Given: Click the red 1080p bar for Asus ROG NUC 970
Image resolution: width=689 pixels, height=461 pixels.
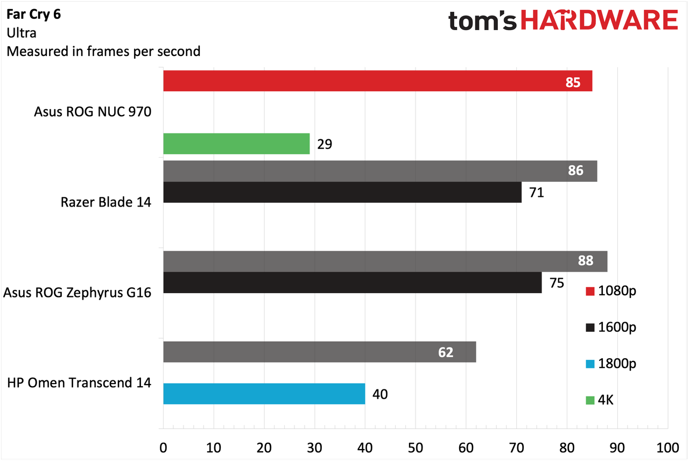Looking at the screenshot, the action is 378,81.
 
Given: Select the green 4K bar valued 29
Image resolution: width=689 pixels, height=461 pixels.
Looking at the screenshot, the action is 236,144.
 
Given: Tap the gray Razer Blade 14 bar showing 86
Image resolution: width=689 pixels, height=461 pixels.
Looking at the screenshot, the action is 380,171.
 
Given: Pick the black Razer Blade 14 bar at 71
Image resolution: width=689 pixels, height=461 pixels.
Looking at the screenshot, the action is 342,192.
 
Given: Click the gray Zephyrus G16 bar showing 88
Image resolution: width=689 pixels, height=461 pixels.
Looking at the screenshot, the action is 385,261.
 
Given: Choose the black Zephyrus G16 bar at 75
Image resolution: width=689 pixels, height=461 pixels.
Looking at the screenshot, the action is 353,282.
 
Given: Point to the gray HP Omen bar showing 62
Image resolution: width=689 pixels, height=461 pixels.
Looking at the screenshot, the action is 320,352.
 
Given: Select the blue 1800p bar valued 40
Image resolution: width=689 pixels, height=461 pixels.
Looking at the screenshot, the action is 264,394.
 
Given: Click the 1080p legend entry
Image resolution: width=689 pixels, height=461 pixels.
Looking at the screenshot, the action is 611,291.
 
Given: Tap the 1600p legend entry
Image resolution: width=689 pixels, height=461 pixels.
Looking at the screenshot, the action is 611,327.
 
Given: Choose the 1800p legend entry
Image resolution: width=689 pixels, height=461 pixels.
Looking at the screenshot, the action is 611,364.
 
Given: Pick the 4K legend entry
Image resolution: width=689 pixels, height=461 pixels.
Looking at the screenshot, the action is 600,400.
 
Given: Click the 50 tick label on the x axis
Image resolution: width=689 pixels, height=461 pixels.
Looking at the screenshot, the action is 415,448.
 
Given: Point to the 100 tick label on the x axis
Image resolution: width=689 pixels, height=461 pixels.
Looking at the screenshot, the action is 668,448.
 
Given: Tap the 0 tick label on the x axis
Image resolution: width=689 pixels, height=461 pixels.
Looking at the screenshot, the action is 163,448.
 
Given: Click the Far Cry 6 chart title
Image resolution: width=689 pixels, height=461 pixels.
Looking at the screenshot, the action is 34,14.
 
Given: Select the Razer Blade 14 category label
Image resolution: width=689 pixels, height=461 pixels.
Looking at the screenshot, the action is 106,202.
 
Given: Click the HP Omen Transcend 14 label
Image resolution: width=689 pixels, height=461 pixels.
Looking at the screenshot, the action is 79,383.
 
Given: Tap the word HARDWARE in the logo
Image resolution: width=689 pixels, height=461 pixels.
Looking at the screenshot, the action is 600,20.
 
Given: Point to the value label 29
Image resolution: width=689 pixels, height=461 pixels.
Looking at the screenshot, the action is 325,144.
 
